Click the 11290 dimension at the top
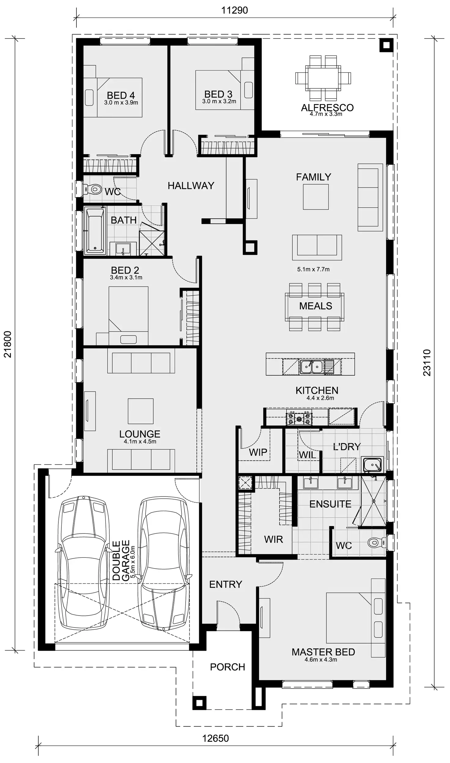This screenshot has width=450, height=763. (x=234, y=10)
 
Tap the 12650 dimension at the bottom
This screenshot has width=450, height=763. (x=215, y=738)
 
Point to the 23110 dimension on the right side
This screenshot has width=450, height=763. (x=427, y=363)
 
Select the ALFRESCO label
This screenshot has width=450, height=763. (x=327, y=108)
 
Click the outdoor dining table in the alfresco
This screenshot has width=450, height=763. (x=323, y=78)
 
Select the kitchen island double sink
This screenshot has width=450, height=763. (x=311, y=367)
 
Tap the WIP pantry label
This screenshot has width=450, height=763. (x=258, y=452)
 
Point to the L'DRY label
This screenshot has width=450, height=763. (x=347, y=447)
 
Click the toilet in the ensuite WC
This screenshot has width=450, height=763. (x=375, y=542)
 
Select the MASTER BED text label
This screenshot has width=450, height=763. (x=323, y=652)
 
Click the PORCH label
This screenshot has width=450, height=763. (x=227, y=667)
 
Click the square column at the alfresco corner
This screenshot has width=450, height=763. (x=386, y=45)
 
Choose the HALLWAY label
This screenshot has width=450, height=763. (x=191, y=185)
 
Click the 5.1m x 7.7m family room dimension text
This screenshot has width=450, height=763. (x=313, y=270)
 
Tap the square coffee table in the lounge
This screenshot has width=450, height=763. (x=140, y=411)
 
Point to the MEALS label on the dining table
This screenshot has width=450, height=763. (x=315, y=306)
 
